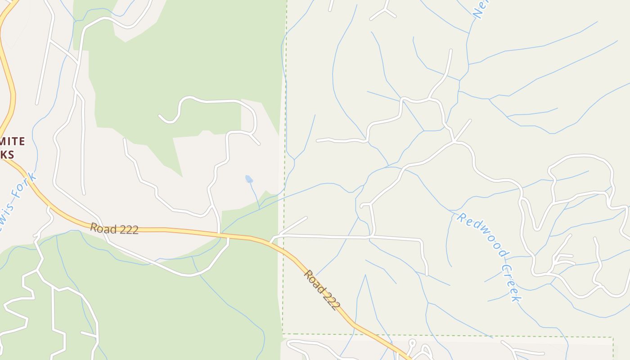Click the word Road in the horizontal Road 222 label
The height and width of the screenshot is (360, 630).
(100, 227)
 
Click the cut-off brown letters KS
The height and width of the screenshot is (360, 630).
(7, 154)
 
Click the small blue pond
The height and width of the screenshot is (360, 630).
(249, 179)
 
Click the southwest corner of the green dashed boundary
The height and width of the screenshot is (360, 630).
(283, 334)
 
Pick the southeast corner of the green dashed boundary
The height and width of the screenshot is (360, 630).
(613, 337)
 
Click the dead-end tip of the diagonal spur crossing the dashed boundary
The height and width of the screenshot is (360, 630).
(306, 218)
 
